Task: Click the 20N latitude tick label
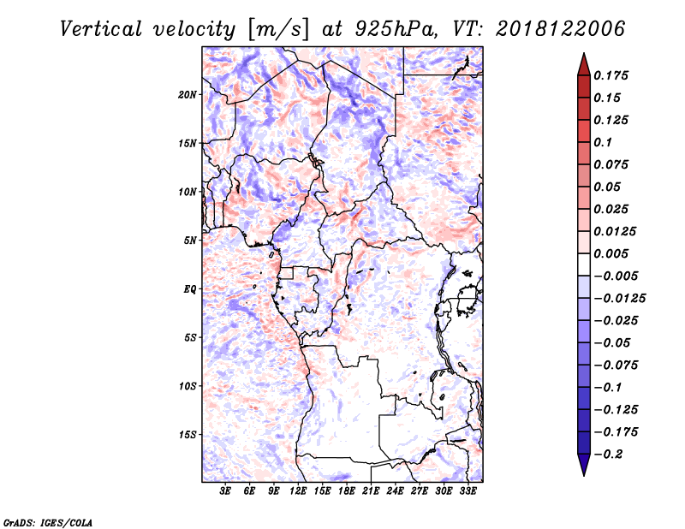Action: click(x=187, y=95)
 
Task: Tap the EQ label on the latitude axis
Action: click(x=189, y=289)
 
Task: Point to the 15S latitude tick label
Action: click(x=188, y=435)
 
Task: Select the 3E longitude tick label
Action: click(x=225, y=490)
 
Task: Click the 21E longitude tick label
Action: click(x=371, y=490)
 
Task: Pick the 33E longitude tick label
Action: click(x=468, y=490)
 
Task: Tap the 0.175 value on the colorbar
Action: click(x=611, y=75)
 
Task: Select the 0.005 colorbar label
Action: click(x=611, y=253)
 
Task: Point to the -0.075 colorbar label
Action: click(x=616, y=366)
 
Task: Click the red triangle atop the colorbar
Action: click(x=584, y=65)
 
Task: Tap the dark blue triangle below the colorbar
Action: click(x=584, y=465)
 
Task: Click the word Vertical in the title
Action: click(x=101, y=29)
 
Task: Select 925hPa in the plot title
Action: click(x=396, y=29)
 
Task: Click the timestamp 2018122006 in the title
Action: click(x=560, y=29)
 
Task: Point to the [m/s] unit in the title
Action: click(x=278, y=30)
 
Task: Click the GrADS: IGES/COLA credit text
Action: click(x=48, y=522)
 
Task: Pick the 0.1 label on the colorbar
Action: click(x=603, y=142)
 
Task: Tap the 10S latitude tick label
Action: click(x=188, y=386)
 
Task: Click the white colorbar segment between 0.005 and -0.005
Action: click(x=584, y=264)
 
